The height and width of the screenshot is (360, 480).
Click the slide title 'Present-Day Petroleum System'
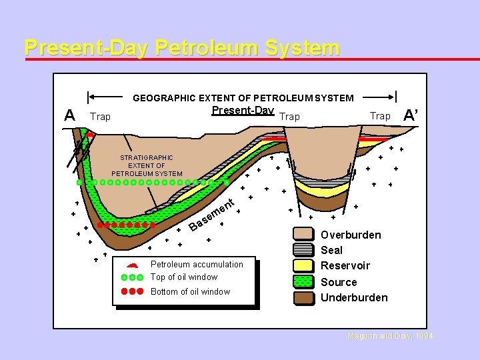pos(181,48)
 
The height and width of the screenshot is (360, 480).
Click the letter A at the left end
pos(69,115)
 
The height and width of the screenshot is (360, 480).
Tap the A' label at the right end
pos(411,115)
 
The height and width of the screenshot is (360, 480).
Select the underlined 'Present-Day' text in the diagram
pos(243,110)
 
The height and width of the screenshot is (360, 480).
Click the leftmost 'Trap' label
pos(100,117)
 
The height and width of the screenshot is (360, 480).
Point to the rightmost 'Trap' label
pos(380,116)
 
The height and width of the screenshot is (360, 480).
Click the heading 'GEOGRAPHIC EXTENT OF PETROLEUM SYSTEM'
pos(243,98)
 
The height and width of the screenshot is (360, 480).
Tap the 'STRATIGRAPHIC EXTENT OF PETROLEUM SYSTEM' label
pos(147,165)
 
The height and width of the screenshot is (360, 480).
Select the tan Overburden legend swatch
pos(304,235)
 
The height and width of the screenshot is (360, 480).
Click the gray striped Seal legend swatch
pos(304,250)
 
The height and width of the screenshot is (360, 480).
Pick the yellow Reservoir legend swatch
pos(304,265)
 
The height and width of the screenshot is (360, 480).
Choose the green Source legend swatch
pos(304,281)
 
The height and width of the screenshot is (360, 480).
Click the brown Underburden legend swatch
pos(304,297)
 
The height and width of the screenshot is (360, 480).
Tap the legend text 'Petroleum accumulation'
pos(197,265)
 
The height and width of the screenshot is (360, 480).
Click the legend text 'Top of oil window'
pos(184,277)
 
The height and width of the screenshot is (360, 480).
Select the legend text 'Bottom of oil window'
pos(190,292)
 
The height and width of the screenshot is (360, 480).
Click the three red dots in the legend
pos(132,291)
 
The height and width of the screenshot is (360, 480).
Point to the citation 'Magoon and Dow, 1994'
pos(391,337)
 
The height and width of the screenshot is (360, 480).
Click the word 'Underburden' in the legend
pos(354,297)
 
